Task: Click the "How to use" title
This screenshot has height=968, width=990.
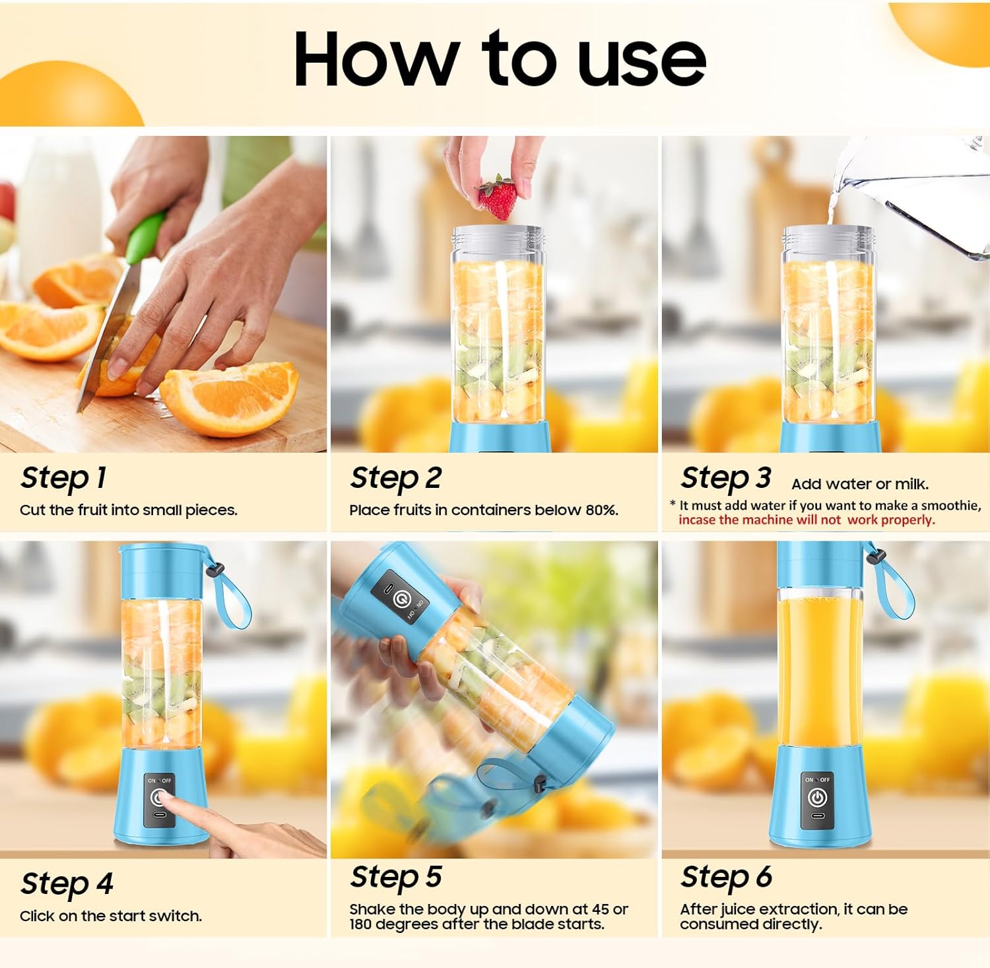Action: tap(500, 59)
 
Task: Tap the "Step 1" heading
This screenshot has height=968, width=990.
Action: tap(63, 478)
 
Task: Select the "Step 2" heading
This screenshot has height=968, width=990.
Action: tap(396, 478)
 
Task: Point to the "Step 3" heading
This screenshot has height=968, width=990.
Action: tap(726, 478)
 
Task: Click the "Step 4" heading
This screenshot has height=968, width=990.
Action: tap(67, 884)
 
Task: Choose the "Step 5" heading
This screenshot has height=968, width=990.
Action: tap(396, 878)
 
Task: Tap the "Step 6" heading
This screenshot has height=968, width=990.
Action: tap(726, 878)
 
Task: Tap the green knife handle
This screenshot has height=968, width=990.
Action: tap(145, 238)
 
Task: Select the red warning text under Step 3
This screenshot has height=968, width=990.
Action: tap(807, 520)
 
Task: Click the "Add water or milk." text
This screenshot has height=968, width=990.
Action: tap(860, 485)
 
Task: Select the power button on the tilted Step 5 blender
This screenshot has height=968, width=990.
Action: tap(401, 600)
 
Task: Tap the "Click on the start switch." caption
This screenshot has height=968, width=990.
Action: tap(111, 916)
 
